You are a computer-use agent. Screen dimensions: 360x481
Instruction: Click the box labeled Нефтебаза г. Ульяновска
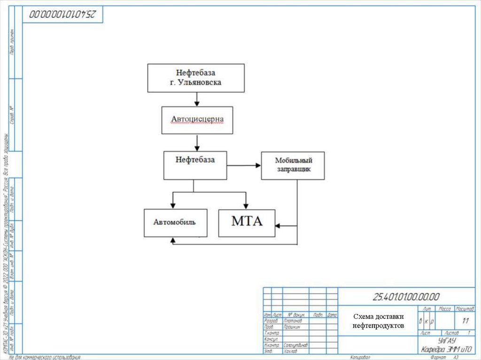196,78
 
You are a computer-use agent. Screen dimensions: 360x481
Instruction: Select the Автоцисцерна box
197,120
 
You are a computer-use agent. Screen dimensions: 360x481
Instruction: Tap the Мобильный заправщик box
293,165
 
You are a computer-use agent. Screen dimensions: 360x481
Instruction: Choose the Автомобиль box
175,222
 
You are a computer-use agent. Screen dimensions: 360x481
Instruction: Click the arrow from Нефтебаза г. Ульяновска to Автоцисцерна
197,99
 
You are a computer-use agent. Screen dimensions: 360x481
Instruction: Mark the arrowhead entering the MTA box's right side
278,226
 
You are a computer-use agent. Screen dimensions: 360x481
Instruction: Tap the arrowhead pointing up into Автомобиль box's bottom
173,240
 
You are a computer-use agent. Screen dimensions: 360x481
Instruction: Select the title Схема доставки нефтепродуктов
378,321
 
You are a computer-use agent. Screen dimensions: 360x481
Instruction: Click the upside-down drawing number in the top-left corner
62,15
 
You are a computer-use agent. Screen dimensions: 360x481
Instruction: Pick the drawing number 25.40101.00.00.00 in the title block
406,297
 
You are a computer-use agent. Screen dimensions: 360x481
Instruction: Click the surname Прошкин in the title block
292,327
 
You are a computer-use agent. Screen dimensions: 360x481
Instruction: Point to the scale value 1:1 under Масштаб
465,321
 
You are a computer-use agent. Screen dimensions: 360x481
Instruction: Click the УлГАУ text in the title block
446,340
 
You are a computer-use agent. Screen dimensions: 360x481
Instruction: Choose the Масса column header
445,309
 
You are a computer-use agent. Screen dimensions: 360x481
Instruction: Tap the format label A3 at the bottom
455,357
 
